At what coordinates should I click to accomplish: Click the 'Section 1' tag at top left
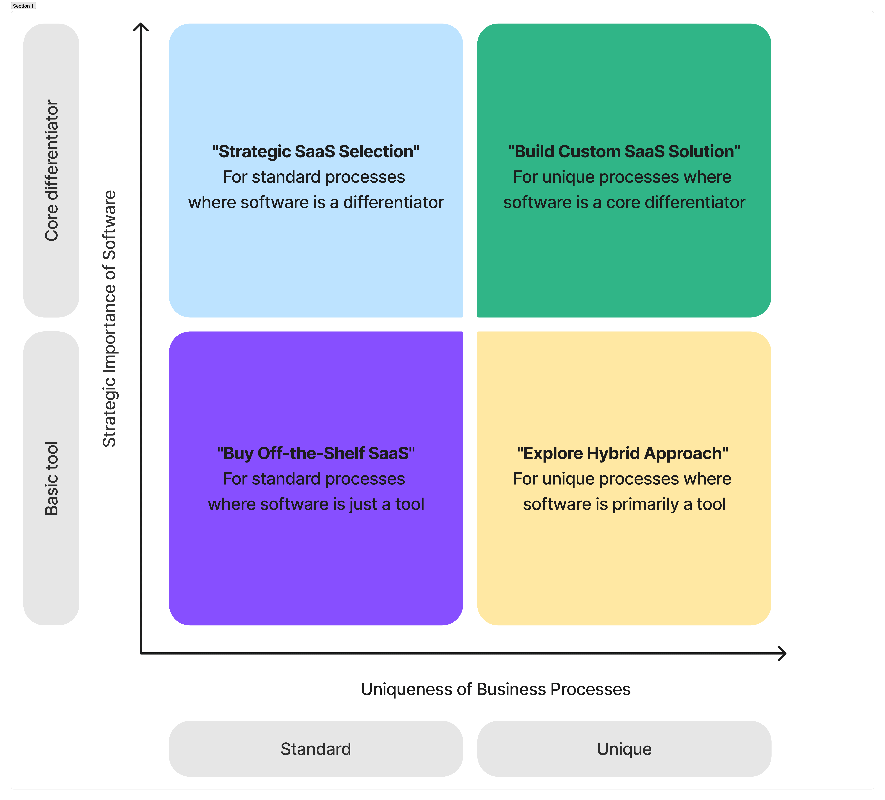(23, 6)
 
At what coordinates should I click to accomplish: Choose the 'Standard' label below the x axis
(316, 749)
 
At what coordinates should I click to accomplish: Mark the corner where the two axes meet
(141, 653)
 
